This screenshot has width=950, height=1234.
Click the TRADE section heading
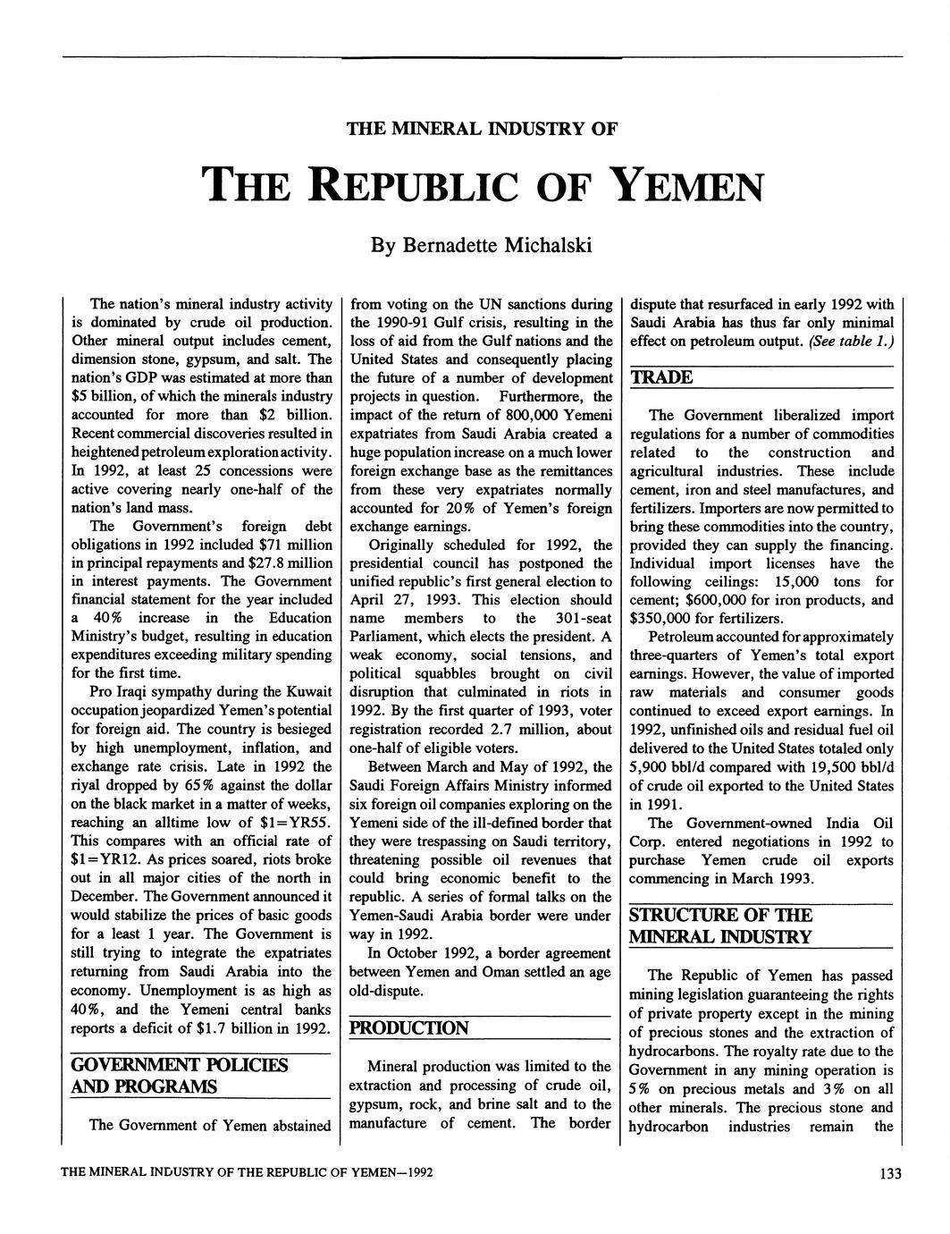(x=661, y=377)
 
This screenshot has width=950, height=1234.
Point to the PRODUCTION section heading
(x=408, y=1027)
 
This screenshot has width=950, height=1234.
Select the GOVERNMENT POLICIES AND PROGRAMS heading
(x=179, y=1077)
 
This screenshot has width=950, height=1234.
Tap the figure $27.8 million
(x=278, y=563)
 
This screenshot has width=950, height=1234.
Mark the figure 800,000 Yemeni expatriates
(x=534, y=415)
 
